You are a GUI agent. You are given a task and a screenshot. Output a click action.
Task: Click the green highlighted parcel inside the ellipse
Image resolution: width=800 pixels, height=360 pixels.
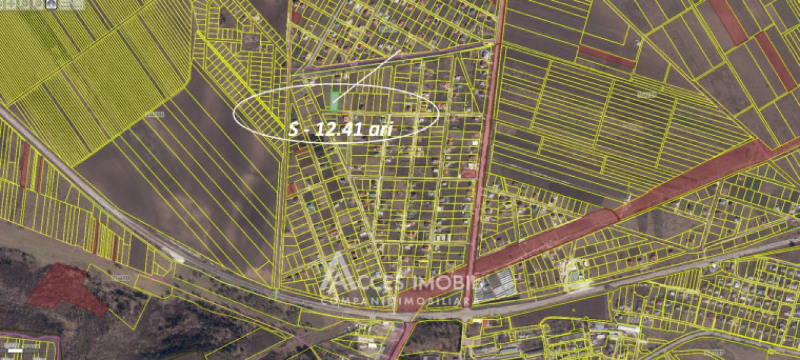coord(335,100)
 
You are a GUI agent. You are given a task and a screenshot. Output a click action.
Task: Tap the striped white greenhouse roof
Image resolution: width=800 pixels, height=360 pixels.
coord(496,285)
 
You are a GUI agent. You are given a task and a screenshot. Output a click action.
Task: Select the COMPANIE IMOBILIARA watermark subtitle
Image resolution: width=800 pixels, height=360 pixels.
coord(398,302)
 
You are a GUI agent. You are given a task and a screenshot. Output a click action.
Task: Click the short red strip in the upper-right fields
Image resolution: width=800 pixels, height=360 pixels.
coord(606,56)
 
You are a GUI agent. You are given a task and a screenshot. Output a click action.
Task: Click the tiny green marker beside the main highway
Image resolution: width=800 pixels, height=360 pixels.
coord(276,294)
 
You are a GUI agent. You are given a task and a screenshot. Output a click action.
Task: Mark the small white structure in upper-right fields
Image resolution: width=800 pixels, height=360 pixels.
coord(638,43)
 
